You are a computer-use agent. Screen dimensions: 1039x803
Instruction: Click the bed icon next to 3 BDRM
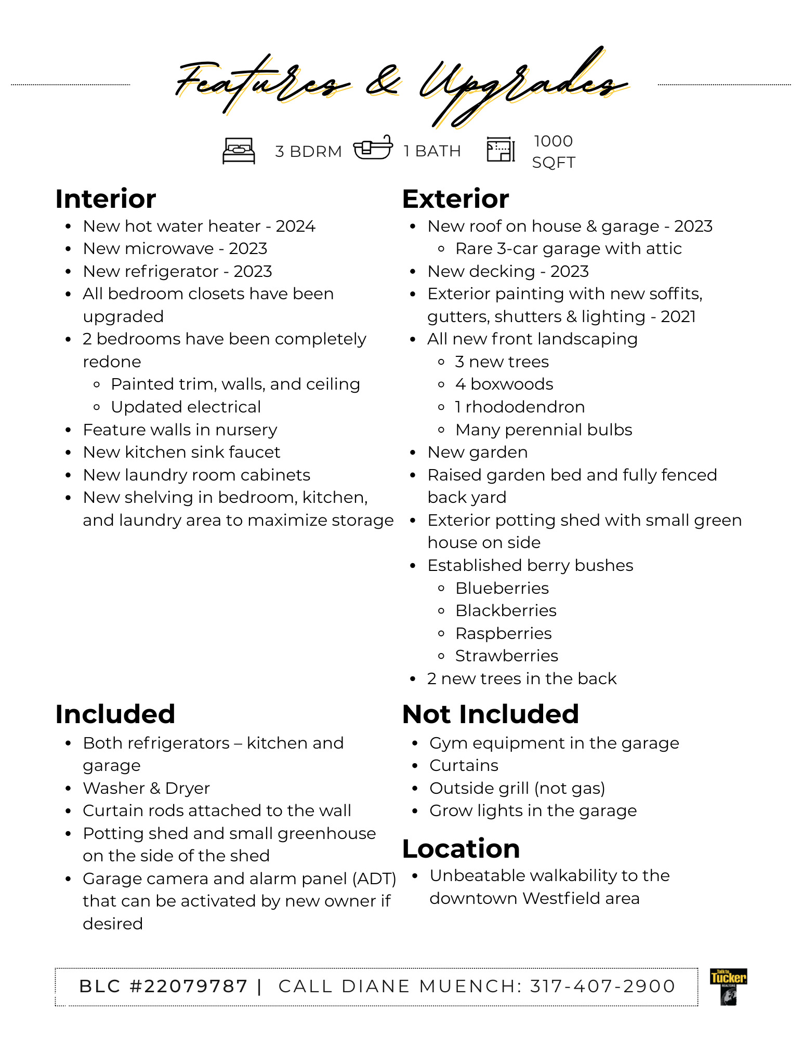(239, 151)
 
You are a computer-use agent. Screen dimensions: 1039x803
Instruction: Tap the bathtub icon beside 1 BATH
(373, 149)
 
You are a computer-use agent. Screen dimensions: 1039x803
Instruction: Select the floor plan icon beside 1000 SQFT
(501, 150)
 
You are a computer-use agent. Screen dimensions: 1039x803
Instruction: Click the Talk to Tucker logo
(728, 987)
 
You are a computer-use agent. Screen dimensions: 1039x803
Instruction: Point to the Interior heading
(106, 199)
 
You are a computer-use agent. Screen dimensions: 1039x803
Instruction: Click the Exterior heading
(455, 199)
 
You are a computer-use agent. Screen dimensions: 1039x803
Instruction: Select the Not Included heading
(490, 714)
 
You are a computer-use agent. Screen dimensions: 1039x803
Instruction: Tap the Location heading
(461, 849)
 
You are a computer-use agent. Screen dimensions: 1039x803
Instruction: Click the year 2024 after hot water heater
(295, 227)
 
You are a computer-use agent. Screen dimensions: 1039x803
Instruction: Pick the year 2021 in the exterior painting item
(678, 317)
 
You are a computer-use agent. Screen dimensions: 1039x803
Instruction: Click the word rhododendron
(525, 407)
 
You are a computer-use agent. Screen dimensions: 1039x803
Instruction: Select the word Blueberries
(502, 589)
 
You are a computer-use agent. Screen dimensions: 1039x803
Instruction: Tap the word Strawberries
(507, 656)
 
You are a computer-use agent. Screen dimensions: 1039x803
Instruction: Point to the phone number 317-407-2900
(602, 986)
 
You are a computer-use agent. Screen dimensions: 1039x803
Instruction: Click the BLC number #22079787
(189, 986)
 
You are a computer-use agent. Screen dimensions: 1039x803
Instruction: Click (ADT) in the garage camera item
(374, 878)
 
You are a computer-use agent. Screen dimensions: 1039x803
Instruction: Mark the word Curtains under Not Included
(464, 766)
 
